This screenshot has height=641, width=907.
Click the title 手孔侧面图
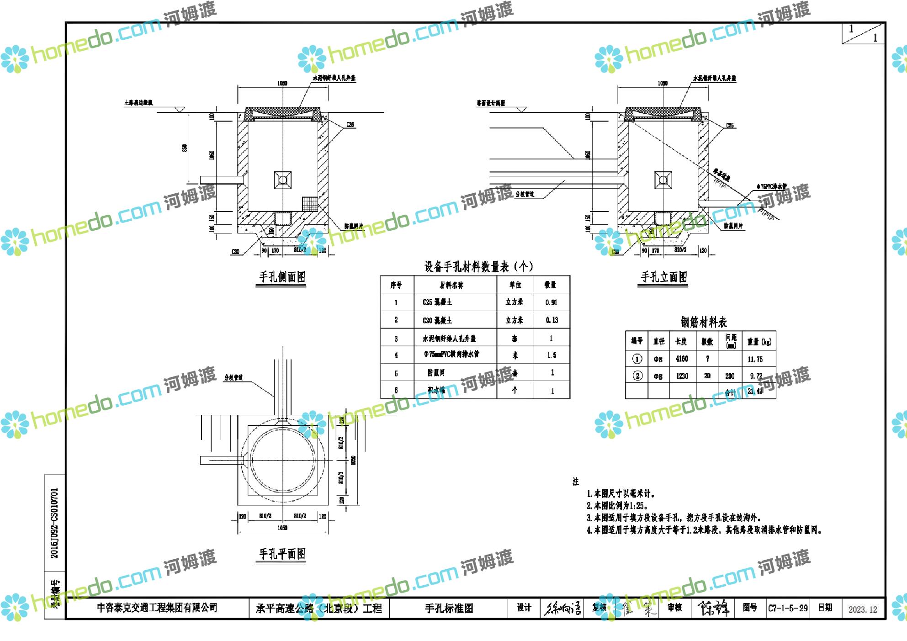282,277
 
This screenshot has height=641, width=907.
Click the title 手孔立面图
663,277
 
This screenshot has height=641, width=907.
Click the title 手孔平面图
282,554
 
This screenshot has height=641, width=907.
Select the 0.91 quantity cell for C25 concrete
551,302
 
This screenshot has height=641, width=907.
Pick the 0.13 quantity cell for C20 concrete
552,320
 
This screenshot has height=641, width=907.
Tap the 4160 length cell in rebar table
682,359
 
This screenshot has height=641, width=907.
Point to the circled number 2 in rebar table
637,376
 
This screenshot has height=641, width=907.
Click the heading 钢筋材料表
703,323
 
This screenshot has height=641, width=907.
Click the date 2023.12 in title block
863,609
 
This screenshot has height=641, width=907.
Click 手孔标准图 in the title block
448,609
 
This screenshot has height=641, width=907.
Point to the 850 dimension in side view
185,148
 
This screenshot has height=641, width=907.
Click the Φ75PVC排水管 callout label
772,187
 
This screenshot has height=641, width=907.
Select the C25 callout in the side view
350,125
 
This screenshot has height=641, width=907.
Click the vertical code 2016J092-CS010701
54,523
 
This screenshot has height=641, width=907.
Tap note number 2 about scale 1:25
617,506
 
